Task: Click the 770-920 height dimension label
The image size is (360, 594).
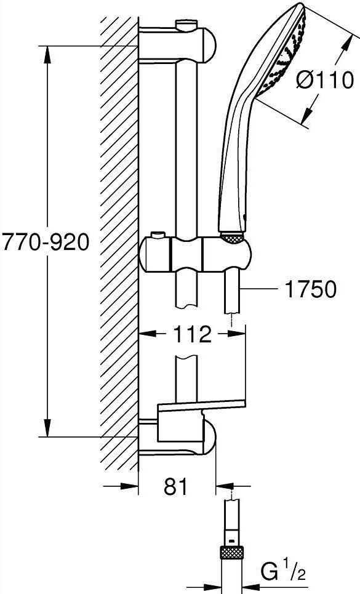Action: click(x=46, y=243)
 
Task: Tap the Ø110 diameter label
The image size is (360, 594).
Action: click(x=325, y=81)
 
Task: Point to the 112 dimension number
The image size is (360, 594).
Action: click(x=192, y=334)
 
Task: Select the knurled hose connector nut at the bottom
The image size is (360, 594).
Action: click(x=231, y=556)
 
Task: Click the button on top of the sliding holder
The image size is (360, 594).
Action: click(x=159, y=236)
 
